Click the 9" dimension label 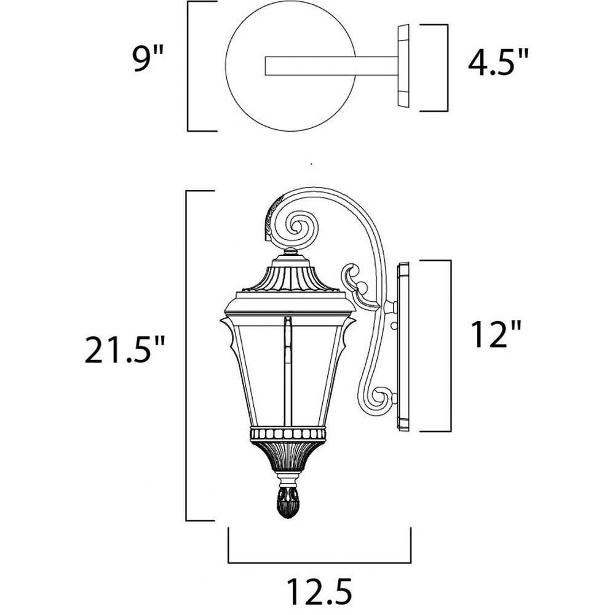[147, 58]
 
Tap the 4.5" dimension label [498, 61]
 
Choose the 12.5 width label [319, 590]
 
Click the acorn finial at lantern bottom [288, 502]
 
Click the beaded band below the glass [288, 434]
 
